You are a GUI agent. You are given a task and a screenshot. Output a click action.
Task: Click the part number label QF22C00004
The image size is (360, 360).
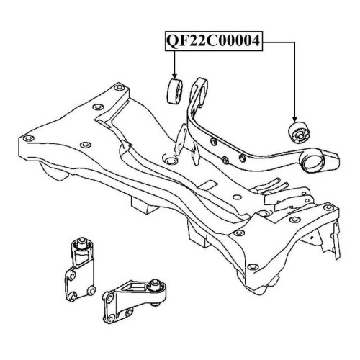[214, 41]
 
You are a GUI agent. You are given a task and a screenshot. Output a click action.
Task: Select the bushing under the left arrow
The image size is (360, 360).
[174, 91]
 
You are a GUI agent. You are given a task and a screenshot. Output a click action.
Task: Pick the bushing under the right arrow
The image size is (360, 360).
[299, 132]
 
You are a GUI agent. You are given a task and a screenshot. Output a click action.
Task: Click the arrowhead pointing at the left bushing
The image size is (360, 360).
[174, 76]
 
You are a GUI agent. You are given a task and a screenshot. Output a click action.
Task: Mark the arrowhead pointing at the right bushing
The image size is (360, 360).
[294, 119]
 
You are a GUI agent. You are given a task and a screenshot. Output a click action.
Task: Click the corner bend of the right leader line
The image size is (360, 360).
[294, 42]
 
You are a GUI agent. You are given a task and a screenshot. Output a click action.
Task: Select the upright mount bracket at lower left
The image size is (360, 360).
[80, 269]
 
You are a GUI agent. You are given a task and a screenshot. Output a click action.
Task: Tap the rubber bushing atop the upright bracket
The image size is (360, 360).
[81, 244]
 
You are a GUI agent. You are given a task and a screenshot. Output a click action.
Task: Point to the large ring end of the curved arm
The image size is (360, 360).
[312, 163]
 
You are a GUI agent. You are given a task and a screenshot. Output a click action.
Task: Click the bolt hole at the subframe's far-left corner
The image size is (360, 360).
[28, 138]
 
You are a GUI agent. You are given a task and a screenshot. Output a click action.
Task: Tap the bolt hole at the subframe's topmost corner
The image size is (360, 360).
[120, 88]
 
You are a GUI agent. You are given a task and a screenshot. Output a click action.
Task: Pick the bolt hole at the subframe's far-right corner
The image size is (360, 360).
[328, 207]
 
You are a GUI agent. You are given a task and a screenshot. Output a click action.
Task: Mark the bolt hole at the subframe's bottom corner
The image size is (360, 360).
[253, 266]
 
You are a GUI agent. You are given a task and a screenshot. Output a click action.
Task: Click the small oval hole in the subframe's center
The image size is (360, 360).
[237, 197]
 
